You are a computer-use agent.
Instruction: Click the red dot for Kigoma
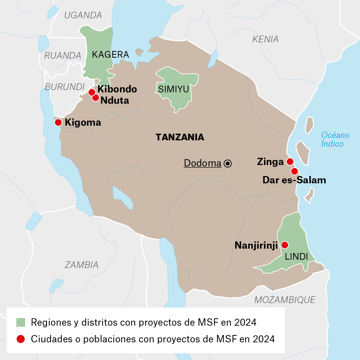click(58, 122)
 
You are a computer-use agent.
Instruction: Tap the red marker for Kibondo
click(92, 92)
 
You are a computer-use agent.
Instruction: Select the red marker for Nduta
click(96, 98)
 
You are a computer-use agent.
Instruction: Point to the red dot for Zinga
click(290, 162)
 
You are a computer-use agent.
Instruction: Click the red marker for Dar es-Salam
click(294, 171)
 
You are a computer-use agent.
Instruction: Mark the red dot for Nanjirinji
click(284, 245)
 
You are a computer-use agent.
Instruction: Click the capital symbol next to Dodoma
click(228, 163)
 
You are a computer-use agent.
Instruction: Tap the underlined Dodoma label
click(203, 163)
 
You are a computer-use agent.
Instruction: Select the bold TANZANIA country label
click(180, 137)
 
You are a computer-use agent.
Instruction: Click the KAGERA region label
click(110, 55)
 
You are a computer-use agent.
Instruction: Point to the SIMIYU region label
click(174, 89)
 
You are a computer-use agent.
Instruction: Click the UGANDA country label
click(83, 15)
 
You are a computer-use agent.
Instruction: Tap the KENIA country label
click(265, 39)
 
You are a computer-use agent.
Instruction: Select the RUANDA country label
click(63, 55)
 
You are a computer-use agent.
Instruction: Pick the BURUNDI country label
click(65, 87)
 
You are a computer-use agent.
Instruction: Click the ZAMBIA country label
click(82, 265)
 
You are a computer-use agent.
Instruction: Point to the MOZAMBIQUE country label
click(285, 300)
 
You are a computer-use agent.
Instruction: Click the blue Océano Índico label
click(335, 139)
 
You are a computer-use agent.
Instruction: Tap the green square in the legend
click(21, 322)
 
